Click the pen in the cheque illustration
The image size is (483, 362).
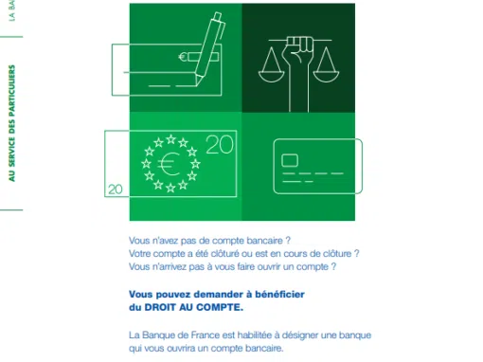coord(209,49)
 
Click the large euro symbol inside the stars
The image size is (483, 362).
coord(170,164)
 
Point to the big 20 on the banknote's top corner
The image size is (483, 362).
coord(220,145)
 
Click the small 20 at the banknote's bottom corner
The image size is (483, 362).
coord(116,190)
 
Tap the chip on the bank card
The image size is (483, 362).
coord(290,160)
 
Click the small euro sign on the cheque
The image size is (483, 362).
coord(183,57)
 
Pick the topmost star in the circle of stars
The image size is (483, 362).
coord(170,139)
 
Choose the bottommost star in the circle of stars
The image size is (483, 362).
coord(170,189)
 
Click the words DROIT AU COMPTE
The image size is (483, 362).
coord(194,307)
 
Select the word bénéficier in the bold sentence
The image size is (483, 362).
coord(280,295)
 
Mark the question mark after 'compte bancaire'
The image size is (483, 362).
coord(288,241)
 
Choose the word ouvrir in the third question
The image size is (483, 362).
coord(269,267)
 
